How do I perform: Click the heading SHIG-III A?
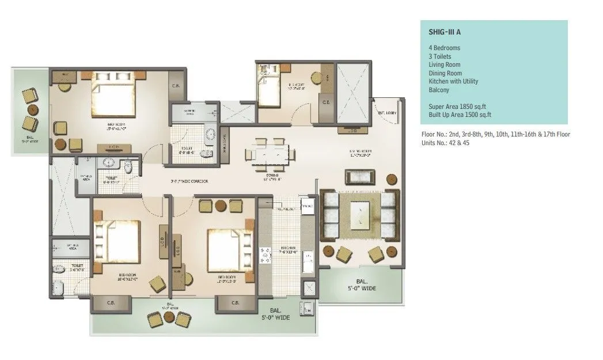tap(445, 33)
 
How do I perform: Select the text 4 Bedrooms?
tap(444, 48)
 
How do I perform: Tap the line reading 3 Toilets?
tap(440, 56)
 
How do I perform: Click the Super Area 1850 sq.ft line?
tap(458, 107)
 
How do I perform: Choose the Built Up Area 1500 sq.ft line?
tap(460, 115)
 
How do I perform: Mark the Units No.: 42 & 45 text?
tap(445, 143)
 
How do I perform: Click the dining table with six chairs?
tap(270, 154)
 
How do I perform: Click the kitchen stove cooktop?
tap(267, 256)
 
